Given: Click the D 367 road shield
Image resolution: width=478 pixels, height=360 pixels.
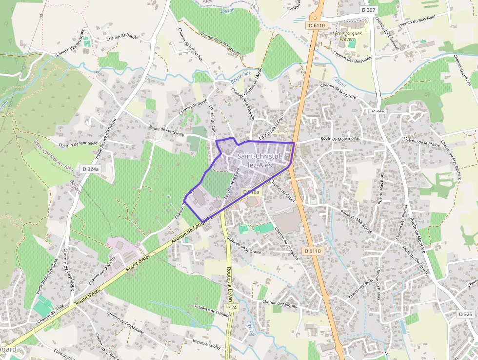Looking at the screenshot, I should [369, 10].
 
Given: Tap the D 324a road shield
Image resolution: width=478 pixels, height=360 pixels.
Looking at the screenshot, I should [91, 169].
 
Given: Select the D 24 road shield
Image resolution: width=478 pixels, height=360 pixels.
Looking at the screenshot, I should [231, 308].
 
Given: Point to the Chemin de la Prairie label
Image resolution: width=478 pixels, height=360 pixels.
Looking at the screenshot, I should [422, 141].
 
